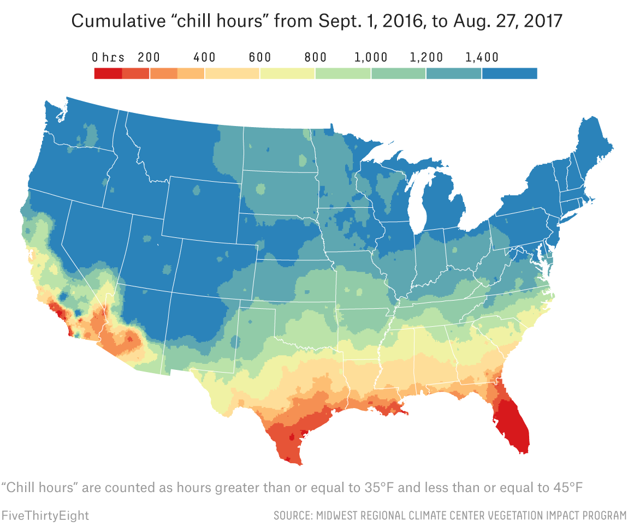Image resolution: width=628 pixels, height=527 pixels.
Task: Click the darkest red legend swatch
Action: click(x=108, y=73)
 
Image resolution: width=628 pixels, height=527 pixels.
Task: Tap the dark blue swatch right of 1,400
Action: click(x=510, y=73)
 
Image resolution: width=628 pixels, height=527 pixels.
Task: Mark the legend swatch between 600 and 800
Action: click(x=287, y=73)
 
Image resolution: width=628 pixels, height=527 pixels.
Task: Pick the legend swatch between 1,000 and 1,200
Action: click(x=398, y=73)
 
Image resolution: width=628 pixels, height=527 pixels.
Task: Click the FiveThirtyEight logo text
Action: click(x=45, y=515)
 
